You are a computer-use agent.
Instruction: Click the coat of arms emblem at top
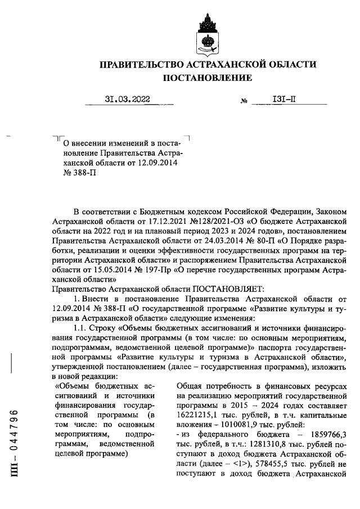click(208, 33)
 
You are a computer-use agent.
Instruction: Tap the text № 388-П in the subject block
click(76, 174)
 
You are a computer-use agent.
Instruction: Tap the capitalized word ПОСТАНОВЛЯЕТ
click(222, 289)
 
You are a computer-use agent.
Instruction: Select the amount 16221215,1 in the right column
click(198, 415)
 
